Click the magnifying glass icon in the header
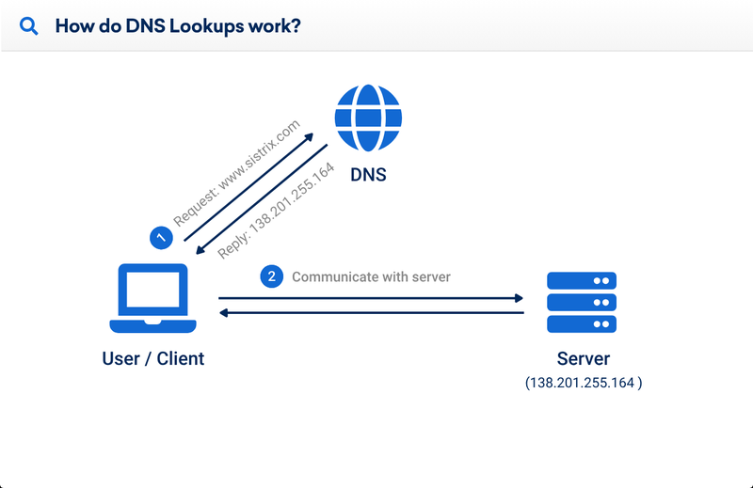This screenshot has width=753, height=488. point(29,26)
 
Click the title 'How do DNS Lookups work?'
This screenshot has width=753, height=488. point(178,26)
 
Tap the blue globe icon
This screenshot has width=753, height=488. point(368,118)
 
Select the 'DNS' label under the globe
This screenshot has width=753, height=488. point(368,175)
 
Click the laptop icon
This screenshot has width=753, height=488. point(152,299)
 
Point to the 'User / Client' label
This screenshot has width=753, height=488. point(152,358)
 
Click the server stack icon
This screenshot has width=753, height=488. point(582,302)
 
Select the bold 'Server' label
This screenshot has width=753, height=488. point(583,359)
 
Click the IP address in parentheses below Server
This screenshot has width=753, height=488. point(584,383)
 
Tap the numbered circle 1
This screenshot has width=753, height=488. point(161,238)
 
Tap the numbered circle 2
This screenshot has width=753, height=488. point(272,276)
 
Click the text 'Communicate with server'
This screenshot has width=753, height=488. point(371,277)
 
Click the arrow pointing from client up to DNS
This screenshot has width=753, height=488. point(248,187)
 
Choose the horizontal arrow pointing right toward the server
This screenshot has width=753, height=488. point(371,299)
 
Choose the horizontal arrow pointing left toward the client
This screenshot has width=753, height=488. point(371,312)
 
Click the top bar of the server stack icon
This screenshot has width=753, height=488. point(582,280)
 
